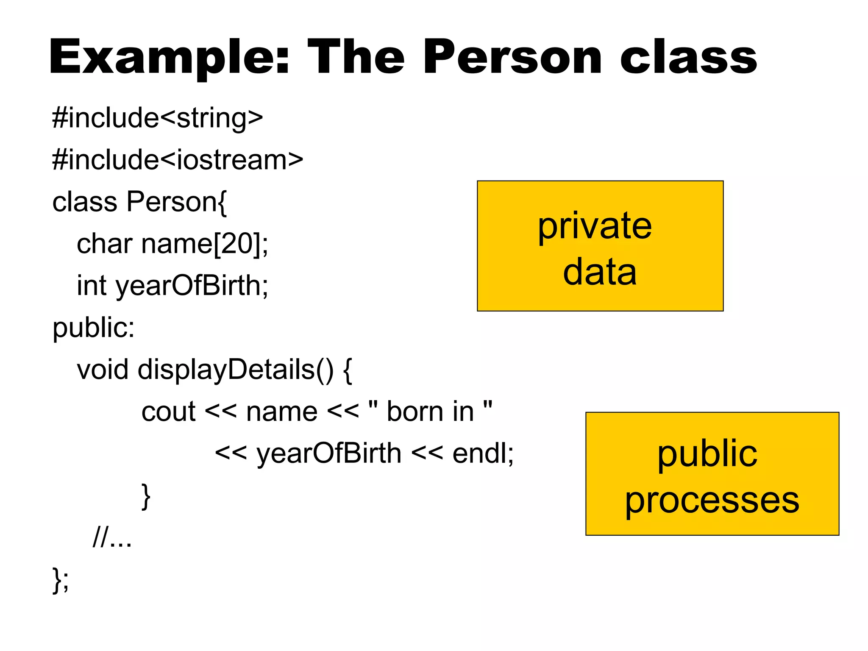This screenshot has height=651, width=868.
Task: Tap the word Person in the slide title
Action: tap(512, 57)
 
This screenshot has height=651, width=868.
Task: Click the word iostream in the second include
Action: tap(231, 160)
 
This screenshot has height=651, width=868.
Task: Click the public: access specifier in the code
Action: tap(94, 328)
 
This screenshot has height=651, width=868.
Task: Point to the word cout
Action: tap(168, 412)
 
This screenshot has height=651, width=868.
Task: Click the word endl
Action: tap(479, 453)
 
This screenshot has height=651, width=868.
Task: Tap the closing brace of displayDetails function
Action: tap(146, 496)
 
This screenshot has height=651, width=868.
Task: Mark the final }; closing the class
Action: tap(60, 579)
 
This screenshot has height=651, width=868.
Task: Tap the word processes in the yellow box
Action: tap(712, 500)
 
